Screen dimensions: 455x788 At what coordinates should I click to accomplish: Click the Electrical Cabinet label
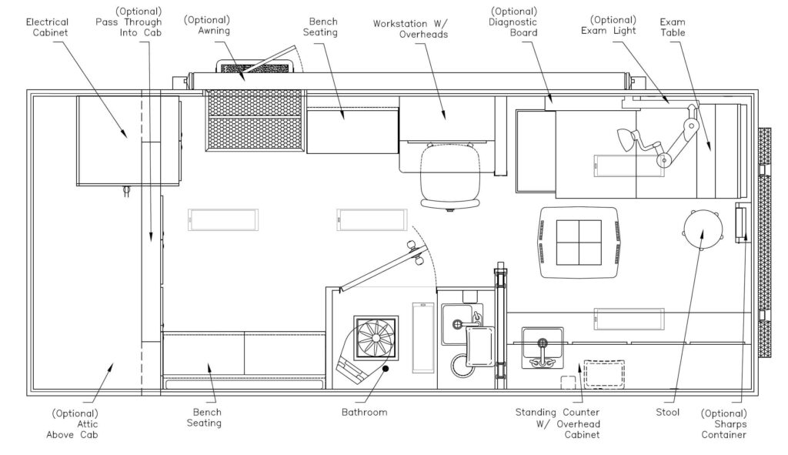point(47,28)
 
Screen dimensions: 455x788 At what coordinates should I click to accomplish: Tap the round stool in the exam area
point(703,229)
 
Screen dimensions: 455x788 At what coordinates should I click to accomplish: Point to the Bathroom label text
point(364,412)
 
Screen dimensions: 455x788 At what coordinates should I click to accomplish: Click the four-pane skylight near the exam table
point(579,242)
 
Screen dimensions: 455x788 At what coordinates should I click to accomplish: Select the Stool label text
point(668,413)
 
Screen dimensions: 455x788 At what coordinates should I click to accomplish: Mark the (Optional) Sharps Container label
point(723,423)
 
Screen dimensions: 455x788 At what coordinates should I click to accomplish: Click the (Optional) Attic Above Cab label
point(75,423)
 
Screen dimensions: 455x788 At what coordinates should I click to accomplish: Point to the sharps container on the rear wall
point(740,223)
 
